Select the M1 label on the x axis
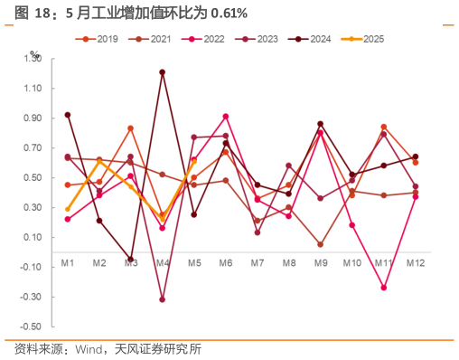[68, 262]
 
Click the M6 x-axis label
[226, 262]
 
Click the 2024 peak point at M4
[163, 71]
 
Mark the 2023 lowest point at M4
[163, 299]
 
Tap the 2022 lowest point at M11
[384, 288]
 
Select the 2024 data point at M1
[68, 115]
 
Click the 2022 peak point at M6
[226, 117]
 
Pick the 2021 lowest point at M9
[321, 244]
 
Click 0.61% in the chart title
[228, 12]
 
